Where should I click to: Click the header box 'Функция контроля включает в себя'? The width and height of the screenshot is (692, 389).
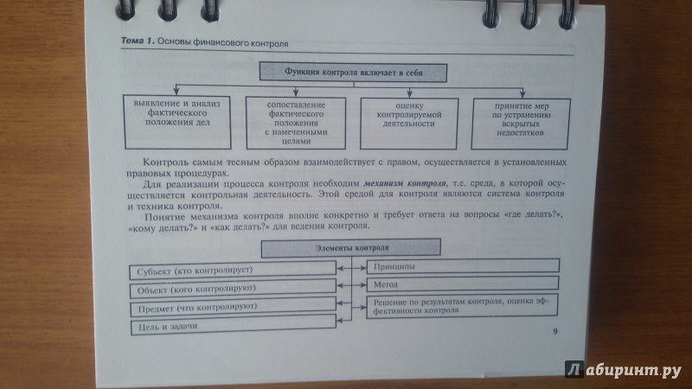click(353, 73)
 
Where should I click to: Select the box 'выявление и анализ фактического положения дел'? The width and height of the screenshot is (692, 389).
click(177, 122)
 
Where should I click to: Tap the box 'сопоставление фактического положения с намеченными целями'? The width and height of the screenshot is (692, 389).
click(296, 123)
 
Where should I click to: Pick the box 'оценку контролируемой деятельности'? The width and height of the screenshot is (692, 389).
click(409, 124)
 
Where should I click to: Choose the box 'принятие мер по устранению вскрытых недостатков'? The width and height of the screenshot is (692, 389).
click(521, 124)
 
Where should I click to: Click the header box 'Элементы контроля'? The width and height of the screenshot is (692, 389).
click(351, 248)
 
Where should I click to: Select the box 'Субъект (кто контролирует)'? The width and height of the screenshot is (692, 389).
click(233, 270)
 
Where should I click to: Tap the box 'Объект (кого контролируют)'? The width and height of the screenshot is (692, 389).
click(233, 289)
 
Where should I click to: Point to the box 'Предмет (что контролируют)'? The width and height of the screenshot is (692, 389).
click(234, 308)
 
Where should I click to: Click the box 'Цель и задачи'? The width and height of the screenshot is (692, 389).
click(234, 326)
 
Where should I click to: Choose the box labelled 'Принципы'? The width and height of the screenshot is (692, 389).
click(463, 266)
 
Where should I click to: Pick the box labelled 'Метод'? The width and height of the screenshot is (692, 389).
click(463, 284)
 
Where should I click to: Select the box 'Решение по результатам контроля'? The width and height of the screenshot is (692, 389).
click(462, 306)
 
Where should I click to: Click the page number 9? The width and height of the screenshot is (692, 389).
click(555, 331)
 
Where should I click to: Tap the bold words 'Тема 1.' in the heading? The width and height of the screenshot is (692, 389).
click(138, 41)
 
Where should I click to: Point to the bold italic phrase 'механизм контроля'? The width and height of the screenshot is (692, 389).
click(405, 183)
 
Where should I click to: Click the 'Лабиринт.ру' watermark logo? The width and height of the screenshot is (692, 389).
click(623, 370)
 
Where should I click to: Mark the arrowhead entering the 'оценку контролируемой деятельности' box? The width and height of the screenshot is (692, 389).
click(409, 93)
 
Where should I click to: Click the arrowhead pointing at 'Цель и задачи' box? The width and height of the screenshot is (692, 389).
click(340, 321)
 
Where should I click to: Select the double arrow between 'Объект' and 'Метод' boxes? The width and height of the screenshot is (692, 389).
click(351, 286)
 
